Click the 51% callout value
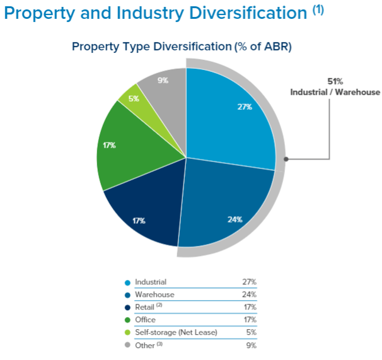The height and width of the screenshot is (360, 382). [x=335, y=81]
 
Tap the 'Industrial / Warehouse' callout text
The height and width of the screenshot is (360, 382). [x=335, y=92]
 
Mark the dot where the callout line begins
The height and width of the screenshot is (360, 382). [x=286, y=159]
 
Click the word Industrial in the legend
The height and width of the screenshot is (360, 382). [x=151, y=282]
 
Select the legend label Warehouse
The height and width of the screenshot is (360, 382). [x=154, y=294]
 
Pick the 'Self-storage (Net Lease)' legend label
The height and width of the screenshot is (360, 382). [x=176, y=332]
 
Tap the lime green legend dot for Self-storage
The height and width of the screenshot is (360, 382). [x=128, y=332]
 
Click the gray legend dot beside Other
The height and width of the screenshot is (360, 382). [x=128, y=345]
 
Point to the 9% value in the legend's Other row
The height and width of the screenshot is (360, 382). [x=251, y=345]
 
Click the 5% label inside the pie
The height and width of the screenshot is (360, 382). [x=134, y=98]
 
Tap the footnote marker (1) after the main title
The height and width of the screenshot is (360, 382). [x=318, y=10]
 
